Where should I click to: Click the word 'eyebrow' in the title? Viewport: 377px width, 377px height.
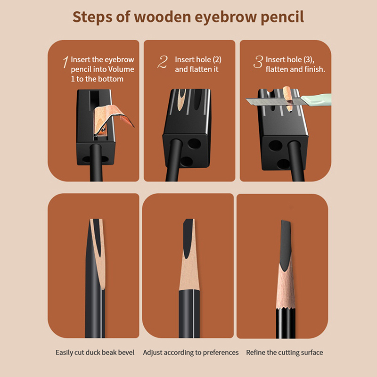point(225,17)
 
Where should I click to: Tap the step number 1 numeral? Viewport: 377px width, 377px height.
point(66,62)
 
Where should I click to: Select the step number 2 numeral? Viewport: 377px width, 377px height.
point(163,62)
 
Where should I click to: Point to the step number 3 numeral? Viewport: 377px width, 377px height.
point(258,62)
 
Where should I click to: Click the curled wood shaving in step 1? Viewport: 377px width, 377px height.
point(113,118)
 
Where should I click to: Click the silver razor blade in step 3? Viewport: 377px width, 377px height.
point(274,101)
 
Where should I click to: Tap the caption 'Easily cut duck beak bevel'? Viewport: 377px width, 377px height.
point(95,352)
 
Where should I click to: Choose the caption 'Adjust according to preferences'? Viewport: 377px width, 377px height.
point(191,352)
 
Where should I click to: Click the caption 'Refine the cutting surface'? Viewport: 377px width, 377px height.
point(285,352)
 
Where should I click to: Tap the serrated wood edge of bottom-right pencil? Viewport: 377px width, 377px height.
point(286,308)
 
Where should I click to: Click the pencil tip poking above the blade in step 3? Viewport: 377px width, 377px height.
point(287,92)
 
